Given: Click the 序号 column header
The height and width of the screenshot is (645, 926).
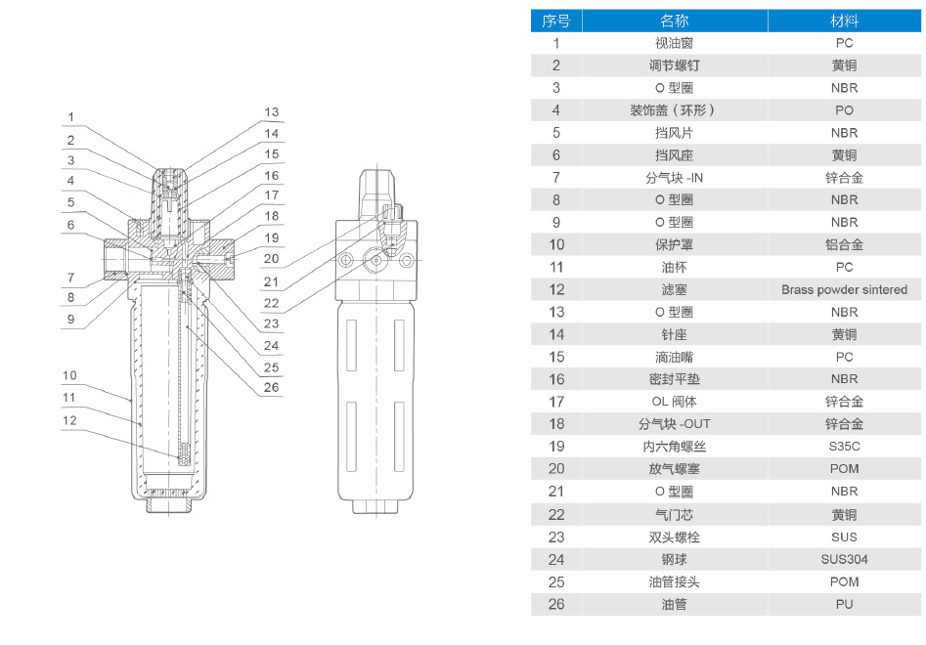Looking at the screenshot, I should click(556, 21).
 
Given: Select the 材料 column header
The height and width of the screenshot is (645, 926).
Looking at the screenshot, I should click(844, 21).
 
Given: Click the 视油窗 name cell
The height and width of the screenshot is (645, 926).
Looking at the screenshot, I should click(674, 43).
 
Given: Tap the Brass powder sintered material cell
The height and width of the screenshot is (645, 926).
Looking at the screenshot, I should click(844, 289).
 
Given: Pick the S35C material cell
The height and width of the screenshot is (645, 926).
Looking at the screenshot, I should click(844, 447).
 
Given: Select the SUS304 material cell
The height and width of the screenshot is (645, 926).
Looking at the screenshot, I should click(844, 559).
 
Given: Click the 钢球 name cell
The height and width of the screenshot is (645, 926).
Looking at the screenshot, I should click(674, 559).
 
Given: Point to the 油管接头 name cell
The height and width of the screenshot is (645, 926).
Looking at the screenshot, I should click(674, 581).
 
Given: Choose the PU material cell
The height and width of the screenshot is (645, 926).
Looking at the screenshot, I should click(844, 604).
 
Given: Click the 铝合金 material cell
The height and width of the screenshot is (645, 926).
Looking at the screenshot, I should click(844, 244).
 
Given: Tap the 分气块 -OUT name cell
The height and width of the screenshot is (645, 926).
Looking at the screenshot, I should click(674, 424).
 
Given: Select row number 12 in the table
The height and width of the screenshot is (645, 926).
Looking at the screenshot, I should click(556, 289).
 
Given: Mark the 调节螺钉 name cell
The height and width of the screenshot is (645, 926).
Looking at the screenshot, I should click(674, 65).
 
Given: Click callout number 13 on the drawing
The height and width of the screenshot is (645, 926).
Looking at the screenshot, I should click(271, 112).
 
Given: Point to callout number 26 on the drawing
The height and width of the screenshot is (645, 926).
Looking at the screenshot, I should click(271, 387).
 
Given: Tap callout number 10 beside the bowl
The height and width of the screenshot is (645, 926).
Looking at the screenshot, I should click(68, 375).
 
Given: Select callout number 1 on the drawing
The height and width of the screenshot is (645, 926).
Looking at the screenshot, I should click(70, 117).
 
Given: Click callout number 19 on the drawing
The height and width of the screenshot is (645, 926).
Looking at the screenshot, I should click(271, 237).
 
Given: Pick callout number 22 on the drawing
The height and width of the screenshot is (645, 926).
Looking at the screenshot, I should click(271, 303).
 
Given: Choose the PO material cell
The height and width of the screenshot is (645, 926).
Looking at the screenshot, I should click(844, 110).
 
